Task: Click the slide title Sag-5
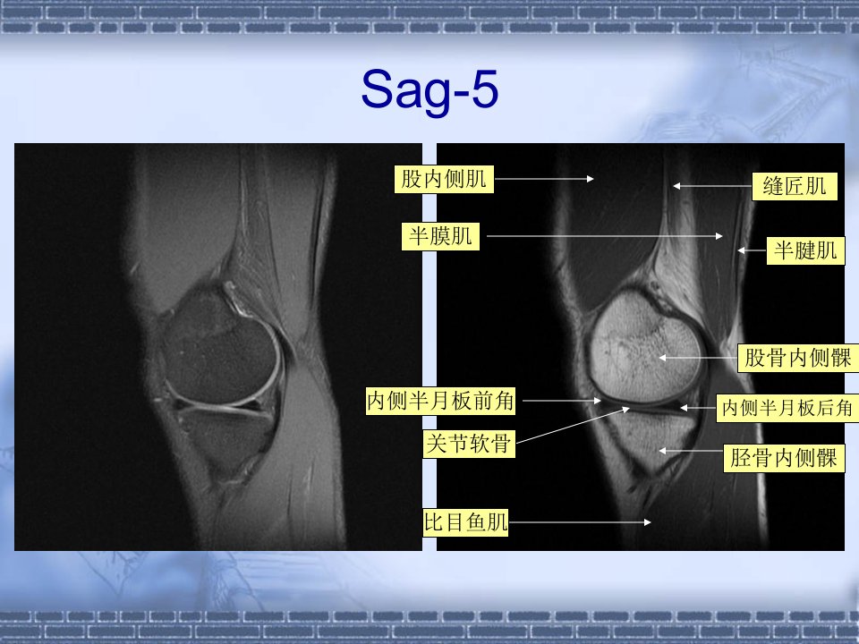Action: point(429,89)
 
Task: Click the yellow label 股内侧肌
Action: point(444,179)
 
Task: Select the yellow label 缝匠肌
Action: point(795,186)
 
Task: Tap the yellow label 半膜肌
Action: point(440,236)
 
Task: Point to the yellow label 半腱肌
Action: point(805,250)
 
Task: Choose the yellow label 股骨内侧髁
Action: point(798,358)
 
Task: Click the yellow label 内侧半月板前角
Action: point(440,401)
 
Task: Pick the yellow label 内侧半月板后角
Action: point(787,408)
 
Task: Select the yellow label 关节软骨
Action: point(469,443)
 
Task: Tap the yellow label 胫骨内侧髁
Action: point(784,458)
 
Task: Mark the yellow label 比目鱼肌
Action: point(465,521)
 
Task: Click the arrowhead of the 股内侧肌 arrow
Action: point(591,179)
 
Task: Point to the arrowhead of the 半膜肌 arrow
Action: point(719,236)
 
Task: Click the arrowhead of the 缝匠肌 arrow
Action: point(676,186)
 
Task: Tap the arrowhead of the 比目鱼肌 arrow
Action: point(648,522)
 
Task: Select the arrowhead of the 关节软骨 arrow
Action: point(626,409)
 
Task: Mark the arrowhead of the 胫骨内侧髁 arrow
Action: point(662,451)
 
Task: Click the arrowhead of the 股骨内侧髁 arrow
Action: point(662,358)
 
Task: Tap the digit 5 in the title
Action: point(484,89)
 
